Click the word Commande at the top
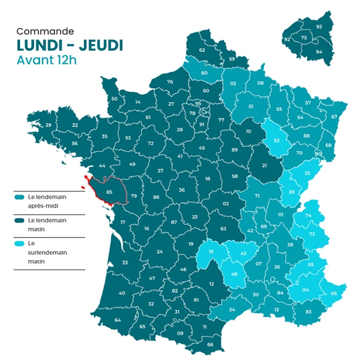coord(45,31)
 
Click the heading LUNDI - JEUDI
coord(70,45)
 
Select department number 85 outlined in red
coord(109,191)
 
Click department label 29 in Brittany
coord(48,126)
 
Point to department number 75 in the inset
coord(304,37)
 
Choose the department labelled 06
coord(333,293)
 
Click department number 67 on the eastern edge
coord(334,116)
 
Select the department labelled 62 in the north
coord(202,50)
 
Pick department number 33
coord(125,262)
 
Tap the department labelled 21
coord(265,166)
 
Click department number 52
coord(276,140)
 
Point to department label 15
coord(211,252)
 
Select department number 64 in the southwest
coord(118,320)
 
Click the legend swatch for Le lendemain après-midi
coord(20,197)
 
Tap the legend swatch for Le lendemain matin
coord(20,221)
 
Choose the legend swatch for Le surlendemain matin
coord(20,244)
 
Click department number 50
coord(114,98)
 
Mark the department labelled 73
coord(311,234)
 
